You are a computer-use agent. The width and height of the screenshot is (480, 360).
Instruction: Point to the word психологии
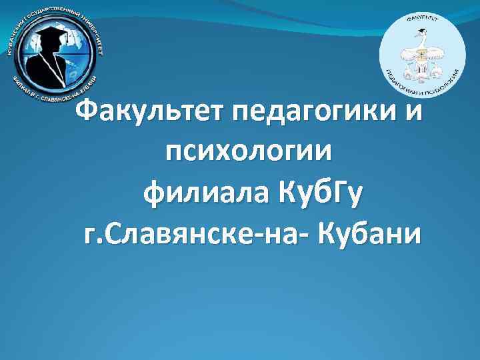click(249, 153)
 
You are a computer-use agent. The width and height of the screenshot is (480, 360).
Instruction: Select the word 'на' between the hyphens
click(285, 235)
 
